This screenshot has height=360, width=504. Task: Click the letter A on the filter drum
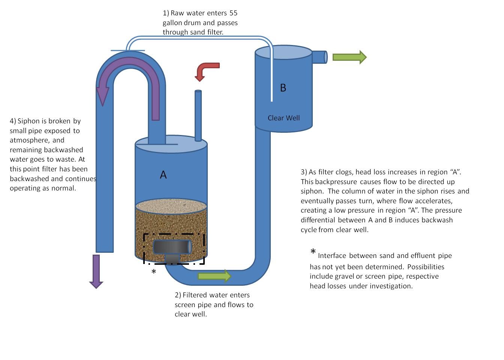coord(163,175)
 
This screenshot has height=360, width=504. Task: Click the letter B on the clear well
coord(283,87)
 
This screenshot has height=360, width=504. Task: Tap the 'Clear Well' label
coord(283,118)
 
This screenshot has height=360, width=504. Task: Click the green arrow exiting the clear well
coord(349,57)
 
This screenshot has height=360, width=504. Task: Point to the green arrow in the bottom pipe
coord(214,276)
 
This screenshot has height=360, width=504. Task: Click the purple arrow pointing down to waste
coord(96,271)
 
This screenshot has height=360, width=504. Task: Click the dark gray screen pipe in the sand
coord(172,249)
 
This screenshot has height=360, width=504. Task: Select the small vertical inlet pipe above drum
coord(198,115)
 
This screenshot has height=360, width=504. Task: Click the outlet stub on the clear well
coord(320,57)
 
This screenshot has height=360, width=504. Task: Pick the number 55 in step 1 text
coord(233,13)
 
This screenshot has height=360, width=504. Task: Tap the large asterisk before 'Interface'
coord(313,252)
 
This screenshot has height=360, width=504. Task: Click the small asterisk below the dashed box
coord(154,271)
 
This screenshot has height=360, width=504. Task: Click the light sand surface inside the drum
coord(171,206)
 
